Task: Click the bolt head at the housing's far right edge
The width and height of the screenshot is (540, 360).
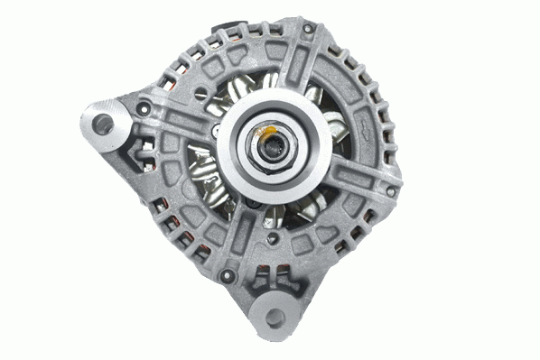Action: pyautogui.click(x=391, y=175)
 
